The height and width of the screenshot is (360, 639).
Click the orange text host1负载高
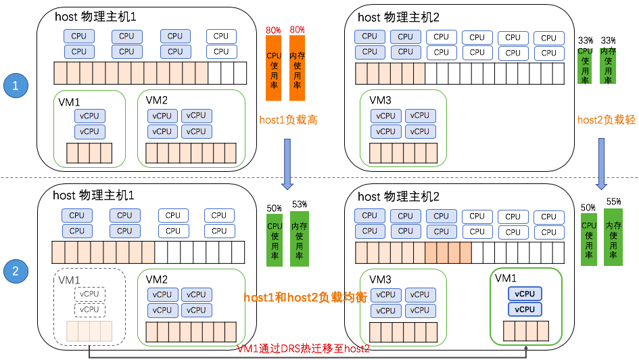point(288,120)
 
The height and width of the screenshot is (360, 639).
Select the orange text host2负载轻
point(607,120)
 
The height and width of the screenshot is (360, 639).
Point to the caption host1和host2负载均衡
point(306,297)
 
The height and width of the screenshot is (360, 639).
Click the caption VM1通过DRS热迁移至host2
point(304,348)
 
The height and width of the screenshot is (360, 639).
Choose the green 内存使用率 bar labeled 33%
point(608,65)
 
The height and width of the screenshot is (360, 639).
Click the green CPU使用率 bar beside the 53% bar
point(275,240)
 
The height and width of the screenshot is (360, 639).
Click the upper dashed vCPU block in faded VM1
point(89,294)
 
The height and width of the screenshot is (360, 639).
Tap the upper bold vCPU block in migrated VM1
point(525,294)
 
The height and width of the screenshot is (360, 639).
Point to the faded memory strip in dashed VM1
point(89,332)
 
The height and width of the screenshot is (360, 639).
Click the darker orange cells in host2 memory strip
point(447,253)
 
